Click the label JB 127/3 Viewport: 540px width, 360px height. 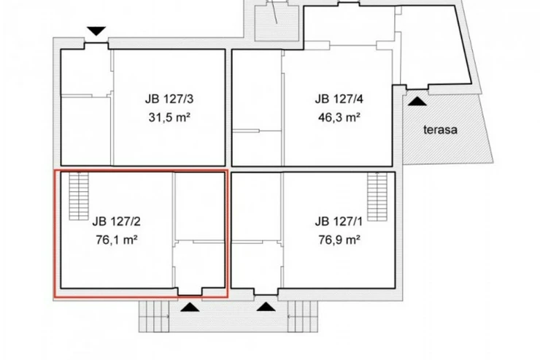click(x=169, y=99)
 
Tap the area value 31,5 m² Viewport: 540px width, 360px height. click(x=169, y=118)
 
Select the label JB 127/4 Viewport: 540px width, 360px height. click(x=339, y=99)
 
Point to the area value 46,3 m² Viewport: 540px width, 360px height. click(x=339, y=118)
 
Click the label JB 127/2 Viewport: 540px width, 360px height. click(x=117, y=221)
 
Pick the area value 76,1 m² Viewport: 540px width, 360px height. click(x=117, y=240)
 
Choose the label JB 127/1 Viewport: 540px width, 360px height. click(x=339, y=221)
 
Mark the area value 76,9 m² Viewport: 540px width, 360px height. click(x=339, y=240)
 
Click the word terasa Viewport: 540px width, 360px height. click(x=440, y=130)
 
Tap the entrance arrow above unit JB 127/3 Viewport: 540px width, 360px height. click(x=96, y=31)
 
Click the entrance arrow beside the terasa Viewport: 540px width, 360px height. click(x=417, y=102)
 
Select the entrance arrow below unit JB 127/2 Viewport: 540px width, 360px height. click(x=190, y=307)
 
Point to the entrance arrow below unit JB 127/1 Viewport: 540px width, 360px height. click(x=266, y=307)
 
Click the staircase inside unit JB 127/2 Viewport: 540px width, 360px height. click(x=79, y=196)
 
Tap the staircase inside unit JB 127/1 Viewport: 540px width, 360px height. click(x=377, y=196)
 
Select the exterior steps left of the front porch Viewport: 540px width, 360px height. click(x=154, y=316)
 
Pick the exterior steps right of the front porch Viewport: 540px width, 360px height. click(x=303, y=316)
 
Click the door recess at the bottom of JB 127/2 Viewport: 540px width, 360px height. click(x=190, y=291)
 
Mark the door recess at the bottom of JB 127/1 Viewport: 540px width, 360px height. click(x=266, y=291)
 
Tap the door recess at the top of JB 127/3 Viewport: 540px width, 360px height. click(x=96, y=46)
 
